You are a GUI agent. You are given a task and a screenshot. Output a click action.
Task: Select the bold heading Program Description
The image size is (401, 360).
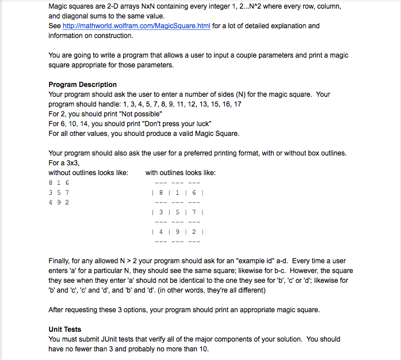pyautogui.click(x=82, y=85)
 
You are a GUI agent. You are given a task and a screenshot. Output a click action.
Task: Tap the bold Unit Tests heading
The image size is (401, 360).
pyautogui.click(x=65, y=329)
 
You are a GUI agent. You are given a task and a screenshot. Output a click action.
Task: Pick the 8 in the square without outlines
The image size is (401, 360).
pyautogui.click(x=51, y=183)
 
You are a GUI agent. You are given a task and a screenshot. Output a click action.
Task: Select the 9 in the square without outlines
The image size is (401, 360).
pyautogui.click(x=59, y=202)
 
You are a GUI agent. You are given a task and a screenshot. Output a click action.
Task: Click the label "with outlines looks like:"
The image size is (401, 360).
pyautogui.click(x=180, y=173)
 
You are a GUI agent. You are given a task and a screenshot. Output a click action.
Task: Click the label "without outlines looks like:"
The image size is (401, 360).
pyautogui.click(x=88, y=173)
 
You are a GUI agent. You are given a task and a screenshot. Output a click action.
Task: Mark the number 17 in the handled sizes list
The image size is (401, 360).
pyautogui.click(x=238, y=104)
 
